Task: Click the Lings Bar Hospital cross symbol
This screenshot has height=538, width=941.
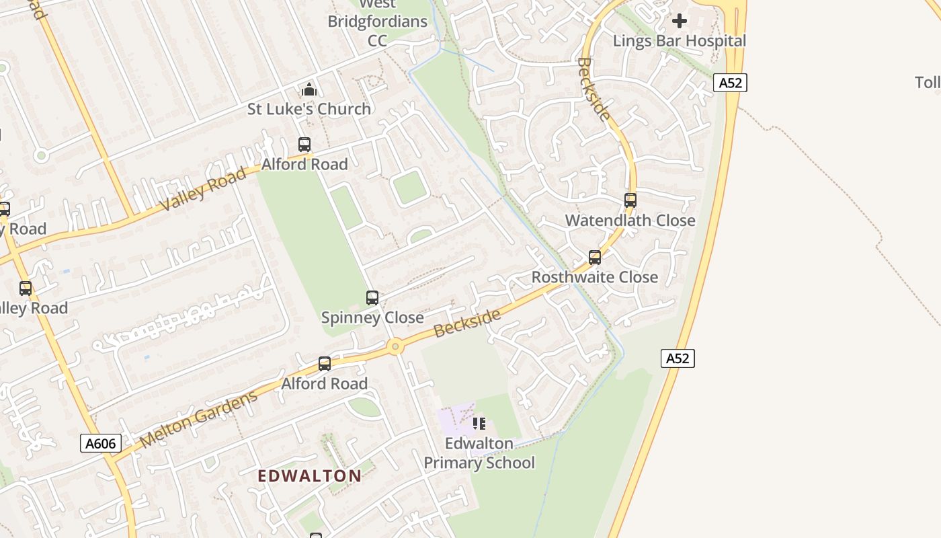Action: pos(680,21)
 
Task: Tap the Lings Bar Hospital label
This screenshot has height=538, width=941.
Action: pos(679,41)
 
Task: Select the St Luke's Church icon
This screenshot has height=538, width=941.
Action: pos(309,89)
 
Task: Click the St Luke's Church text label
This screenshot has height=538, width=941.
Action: pos(309,109)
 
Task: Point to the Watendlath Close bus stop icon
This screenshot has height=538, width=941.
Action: pos(630,200)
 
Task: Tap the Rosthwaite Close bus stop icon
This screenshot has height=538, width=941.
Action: pos(594,258)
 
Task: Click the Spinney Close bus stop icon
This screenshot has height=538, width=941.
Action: pos(372,298)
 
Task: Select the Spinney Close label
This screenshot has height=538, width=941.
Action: pos(372,317)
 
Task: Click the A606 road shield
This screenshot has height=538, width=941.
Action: pos(101,443)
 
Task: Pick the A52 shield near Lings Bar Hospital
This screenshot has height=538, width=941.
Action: pos(730,83)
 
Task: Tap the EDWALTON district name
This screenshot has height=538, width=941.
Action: pos(310,476)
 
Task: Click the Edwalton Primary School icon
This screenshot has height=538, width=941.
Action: pos(479,424)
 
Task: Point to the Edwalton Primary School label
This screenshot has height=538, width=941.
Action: pos(479,453)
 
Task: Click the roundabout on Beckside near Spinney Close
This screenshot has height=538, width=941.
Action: pos(395,347)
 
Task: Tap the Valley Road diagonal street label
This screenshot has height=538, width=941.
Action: pos(204,190)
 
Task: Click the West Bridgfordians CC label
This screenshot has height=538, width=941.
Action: pos(377,22)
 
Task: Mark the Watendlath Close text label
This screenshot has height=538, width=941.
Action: pos(630,221)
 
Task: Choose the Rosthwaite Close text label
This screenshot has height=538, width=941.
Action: pos(594,277)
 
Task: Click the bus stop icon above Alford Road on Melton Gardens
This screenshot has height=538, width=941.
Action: pos(325,364)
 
